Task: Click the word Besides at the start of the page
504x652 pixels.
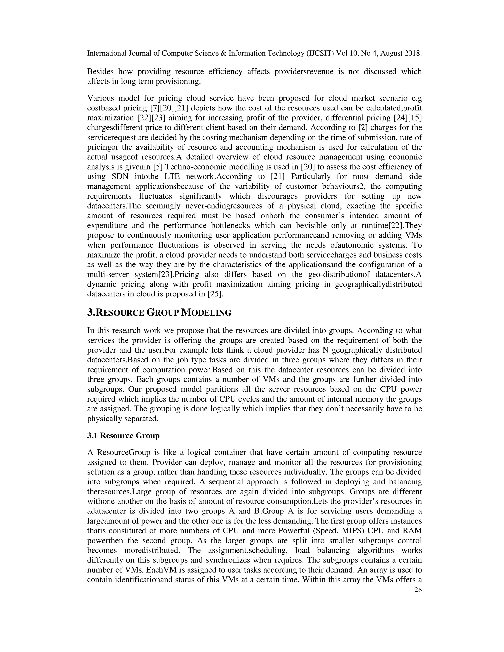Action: (x=100, y=72)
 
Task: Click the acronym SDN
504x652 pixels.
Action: (x=120, y=176)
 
